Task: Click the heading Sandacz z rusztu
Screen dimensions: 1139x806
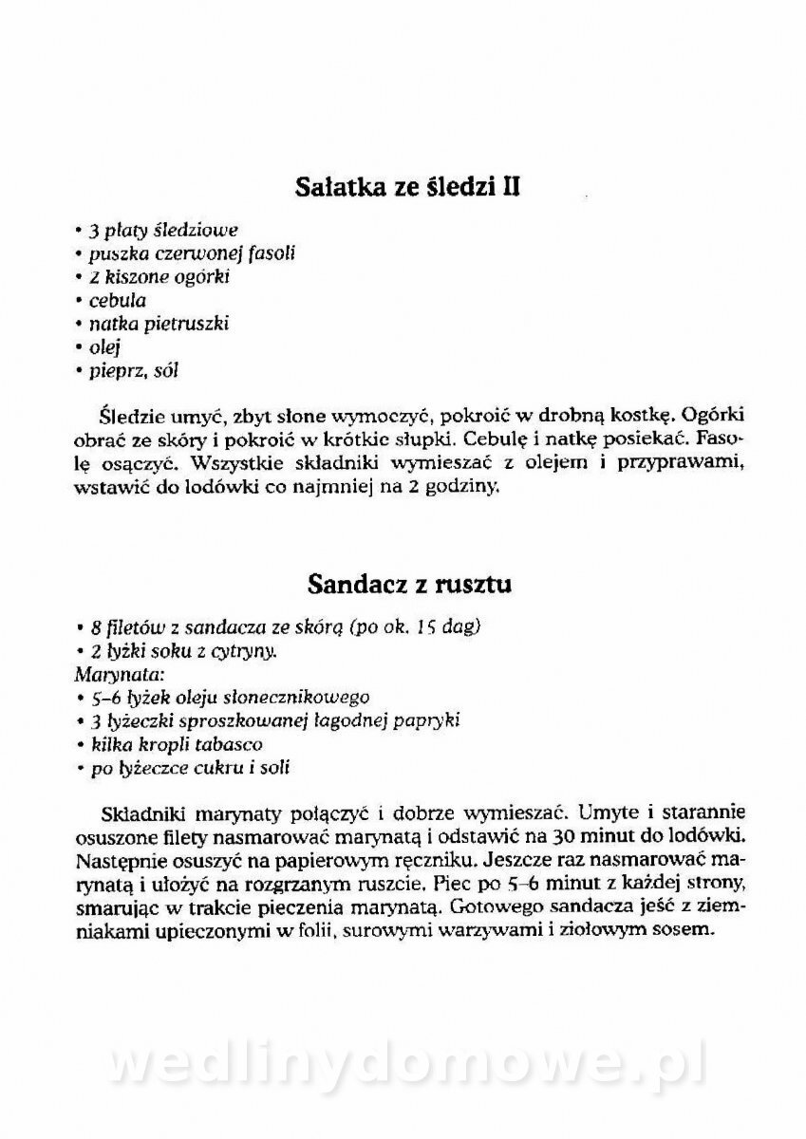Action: (x=409, y=584)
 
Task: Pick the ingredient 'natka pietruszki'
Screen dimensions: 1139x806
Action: (x=159, y=324)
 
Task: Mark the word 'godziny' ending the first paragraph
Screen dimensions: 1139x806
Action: (x=468, y=489)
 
